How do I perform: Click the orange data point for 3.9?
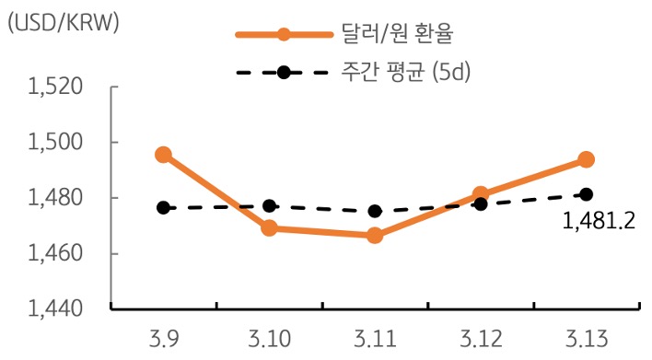(163, 155)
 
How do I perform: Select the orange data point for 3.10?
(269, 228)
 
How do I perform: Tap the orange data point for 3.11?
(375, 236)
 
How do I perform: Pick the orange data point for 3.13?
(587, 159)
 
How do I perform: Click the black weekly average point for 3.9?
(163, 208)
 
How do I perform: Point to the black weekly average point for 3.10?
(269, 206)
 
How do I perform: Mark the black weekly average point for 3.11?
(375, 211)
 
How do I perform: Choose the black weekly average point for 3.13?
(587, 194)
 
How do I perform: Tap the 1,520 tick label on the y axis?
(56, 87)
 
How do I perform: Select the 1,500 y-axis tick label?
(56, 143)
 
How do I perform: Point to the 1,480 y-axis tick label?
(56, 198)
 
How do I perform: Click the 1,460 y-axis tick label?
(56, 253)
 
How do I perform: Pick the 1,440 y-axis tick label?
(56, 308)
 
